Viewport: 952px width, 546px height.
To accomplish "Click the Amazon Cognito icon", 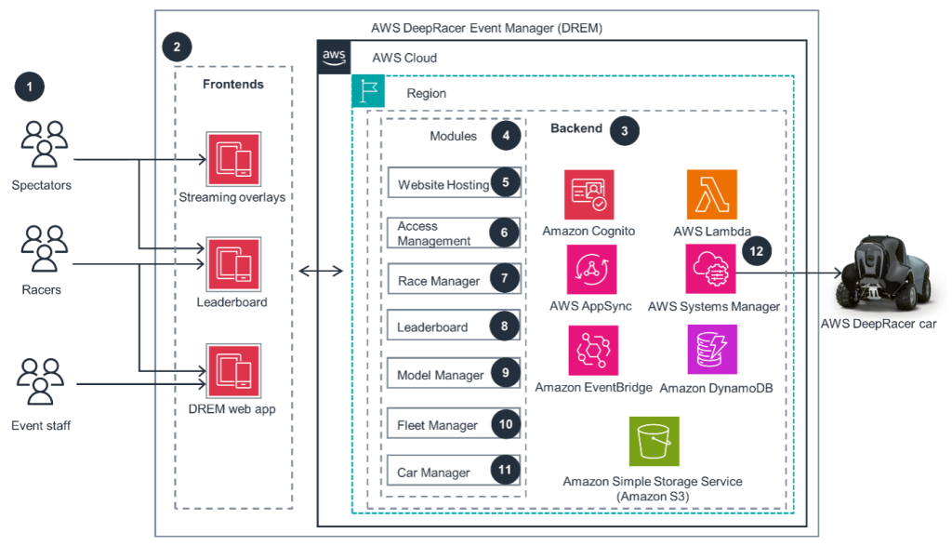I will tap(588, 194).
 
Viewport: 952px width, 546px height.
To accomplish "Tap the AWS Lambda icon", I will tap(712, 194).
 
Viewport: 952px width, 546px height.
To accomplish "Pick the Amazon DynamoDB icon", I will tap(712, 350).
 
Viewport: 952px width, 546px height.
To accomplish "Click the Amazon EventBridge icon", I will tap(593, 350).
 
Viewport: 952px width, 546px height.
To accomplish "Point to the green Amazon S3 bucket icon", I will tap(654, 441).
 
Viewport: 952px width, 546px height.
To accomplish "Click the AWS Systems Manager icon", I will tap(711, 270).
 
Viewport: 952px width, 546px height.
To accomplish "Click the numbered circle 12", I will tap(756, 251).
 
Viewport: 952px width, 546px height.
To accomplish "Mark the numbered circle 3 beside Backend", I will tap(624, 131).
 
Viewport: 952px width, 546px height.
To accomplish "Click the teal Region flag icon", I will tap(368, 92).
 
